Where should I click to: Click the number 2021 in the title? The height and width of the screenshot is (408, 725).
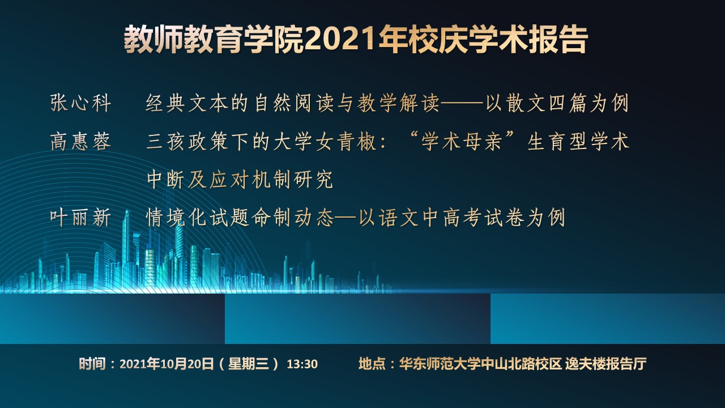(341, 39)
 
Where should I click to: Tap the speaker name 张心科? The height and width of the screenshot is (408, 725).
(80, 103)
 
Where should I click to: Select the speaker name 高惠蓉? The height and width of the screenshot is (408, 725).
(80, 142)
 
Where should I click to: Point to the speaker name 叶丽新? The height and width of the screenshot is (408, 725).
(80, 217)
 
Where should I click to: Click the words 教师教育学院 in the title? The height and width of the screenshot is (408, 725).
(214, 39)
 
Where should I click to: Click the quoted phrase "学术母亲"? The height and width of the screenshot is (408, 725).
(462, 142)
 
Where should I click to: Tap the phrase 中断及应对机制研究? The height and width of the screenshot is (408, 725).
(240, 179)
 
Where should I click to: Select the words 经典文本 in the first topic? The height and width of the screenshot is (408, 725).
(187, 103)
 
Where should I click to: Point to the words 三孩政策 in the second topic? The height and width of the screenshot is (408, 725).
(187, 142)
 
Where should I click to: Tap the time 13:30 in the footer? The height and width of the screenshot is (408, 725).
(302, 364)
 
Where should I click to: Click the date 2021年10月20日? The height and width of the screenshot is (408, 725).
(167, 364)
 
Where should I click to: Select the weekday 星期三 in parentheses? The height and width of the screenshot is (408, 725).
(249, 364)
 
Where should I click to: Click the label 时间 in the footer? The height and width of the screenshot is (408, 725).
(92, 364)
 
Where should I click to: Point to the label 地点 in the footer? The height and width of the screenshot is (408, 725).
(372, 364)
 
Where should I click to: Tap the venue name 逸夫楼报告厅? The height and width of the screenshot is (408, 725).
(606, 364)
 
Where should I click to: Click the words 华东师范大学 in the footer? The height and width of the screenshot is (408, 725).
(440, 364)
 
